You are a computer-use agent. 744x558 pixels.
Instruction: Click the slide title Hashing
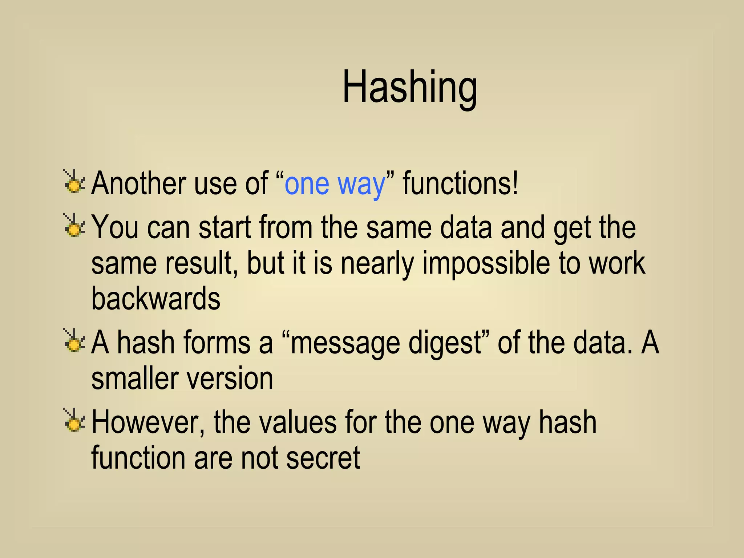click(409, 88)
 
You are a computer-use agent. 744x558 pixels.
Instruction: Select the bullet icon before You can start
click(74, 226)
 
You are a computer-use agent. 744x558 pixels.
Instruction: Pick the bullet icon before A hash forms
click(74, 341)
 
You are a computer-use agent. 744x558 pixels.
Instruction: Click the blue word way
click(361, 185)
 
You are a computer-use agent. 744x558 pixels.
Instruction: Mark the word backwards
click(155, 298)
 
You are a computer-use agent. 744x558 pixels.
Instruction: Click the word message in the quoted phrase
click(345, 343)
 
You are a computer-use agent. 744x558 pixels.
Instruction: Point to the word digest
click(445, 343)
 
